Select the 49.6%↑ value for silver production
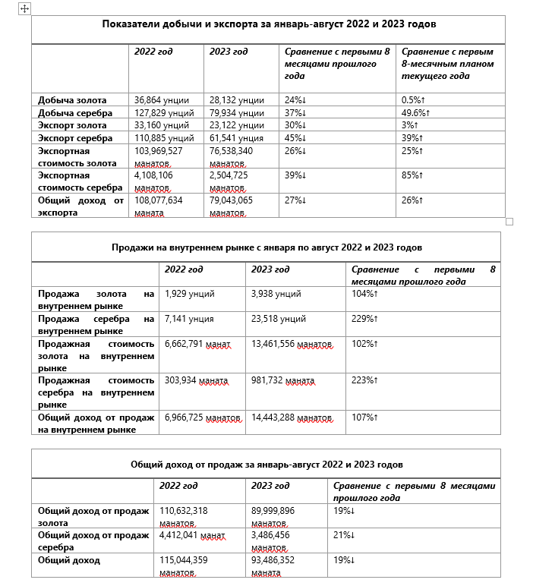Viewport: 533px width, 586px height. (x=415, y=113)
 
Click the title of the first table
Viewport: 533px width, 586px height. (x=269, y=24)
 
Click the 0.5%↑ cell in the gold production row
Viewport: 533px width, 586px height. (x=413, y=100)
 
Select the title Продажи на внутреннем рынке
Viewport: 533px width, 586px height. (x=266, y=247)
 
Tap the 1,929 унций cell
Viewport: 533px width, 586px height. (x=190, y=294)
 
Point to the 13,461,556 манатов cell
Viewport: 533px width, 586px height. (x=292, y=344)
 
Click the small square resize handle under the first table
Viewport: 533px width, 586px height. (x=509, y=222)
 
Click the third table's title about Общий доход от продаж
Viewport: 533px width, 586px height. (x=266, y=464)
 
